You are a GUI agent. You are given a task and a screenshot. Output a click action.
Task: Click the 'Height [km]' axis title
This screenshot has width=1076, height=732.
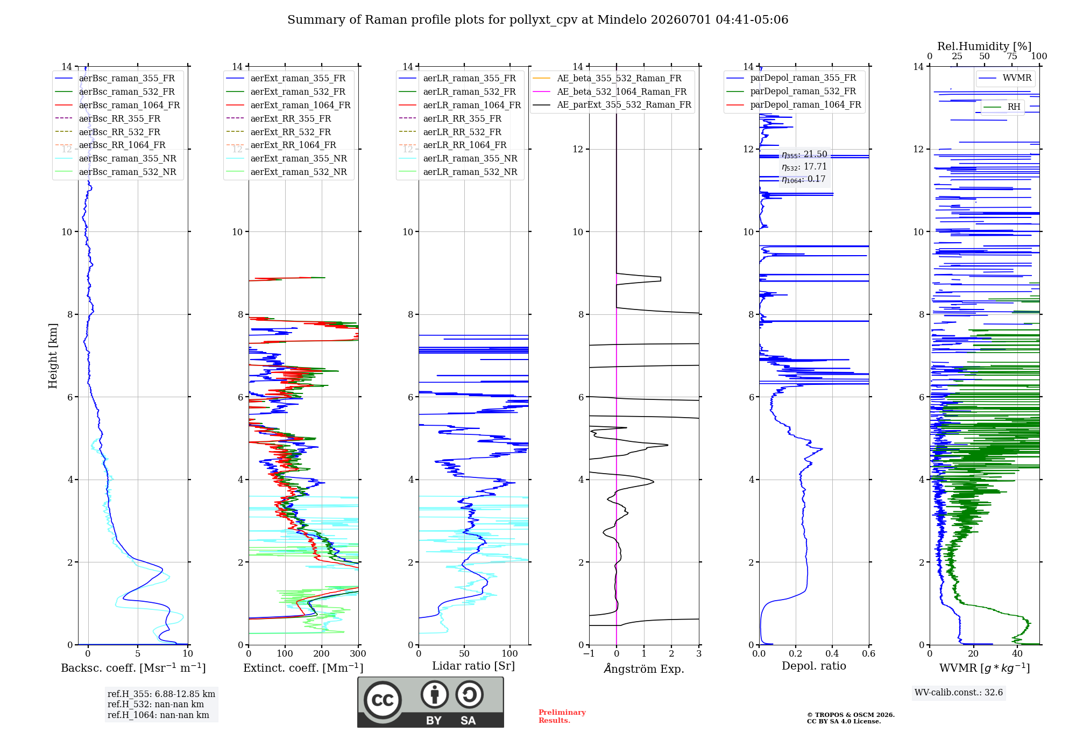tap(53, 356)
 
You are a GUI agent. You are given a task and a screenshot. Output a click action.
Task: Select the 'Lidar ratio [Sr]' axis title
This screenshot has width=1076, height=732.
tap(473, 666)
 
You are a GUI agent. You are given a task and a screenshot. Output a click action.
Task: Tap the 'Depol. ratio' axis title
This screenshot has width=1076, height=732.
tap(814, 666)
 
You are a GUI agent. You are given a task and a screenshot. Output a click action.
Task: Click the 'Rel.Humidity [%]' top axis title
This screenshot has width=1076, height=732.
tap(985, 46)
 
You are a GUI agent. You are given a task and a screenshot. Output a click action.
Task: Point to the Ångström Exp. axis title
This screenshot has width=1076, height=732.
tap(644, 668)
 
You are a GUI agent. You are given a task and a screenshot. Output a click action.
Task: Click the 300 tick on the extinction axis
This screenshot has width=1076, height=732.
tap(358, 653)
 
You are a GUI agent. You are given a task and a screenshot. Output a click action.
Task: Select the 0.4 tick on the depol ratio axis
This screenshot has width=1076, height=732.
tap(832, 653)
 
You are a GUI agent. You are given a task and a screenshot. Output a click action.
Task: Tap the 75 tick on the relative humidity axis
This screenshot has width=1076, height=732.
tap(1012, 56)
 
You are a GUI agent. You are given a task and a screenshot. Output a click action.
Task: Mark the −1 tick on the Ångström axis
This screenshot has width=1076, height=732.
tap(589, 653)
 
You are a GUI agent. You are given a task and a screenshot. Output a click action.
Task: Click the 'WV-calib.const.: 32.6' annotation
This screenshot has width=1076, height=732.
tap(959, 692)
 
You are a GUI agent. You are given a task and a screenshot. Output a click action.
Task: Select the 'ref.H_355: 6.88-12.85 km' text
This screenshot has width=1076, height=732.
tap(161, 694)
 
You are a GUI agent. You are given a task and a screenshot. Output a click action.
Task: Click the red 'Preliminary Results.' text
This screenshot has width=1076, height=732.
tap(562, 716)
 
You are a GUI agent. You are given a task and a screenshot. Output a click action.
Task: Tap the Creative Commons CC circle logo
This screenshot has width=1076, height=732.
tap(383, 700)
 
